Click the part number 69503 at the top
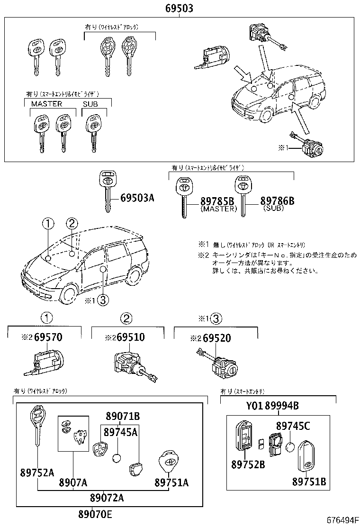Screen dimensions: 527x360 click(x=179, y=8)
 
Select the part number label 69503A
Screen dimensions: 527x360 click(x=137, y=198)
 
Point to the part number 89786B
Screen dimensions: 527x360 click(x=277, y=201)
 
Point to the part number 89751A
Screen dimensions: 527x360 click(x=171, y=482)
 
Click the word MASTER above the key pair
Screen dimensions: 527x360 click(x=46, y=104)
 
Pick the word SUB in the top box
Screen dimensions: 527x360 click(x=90, y=104)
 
